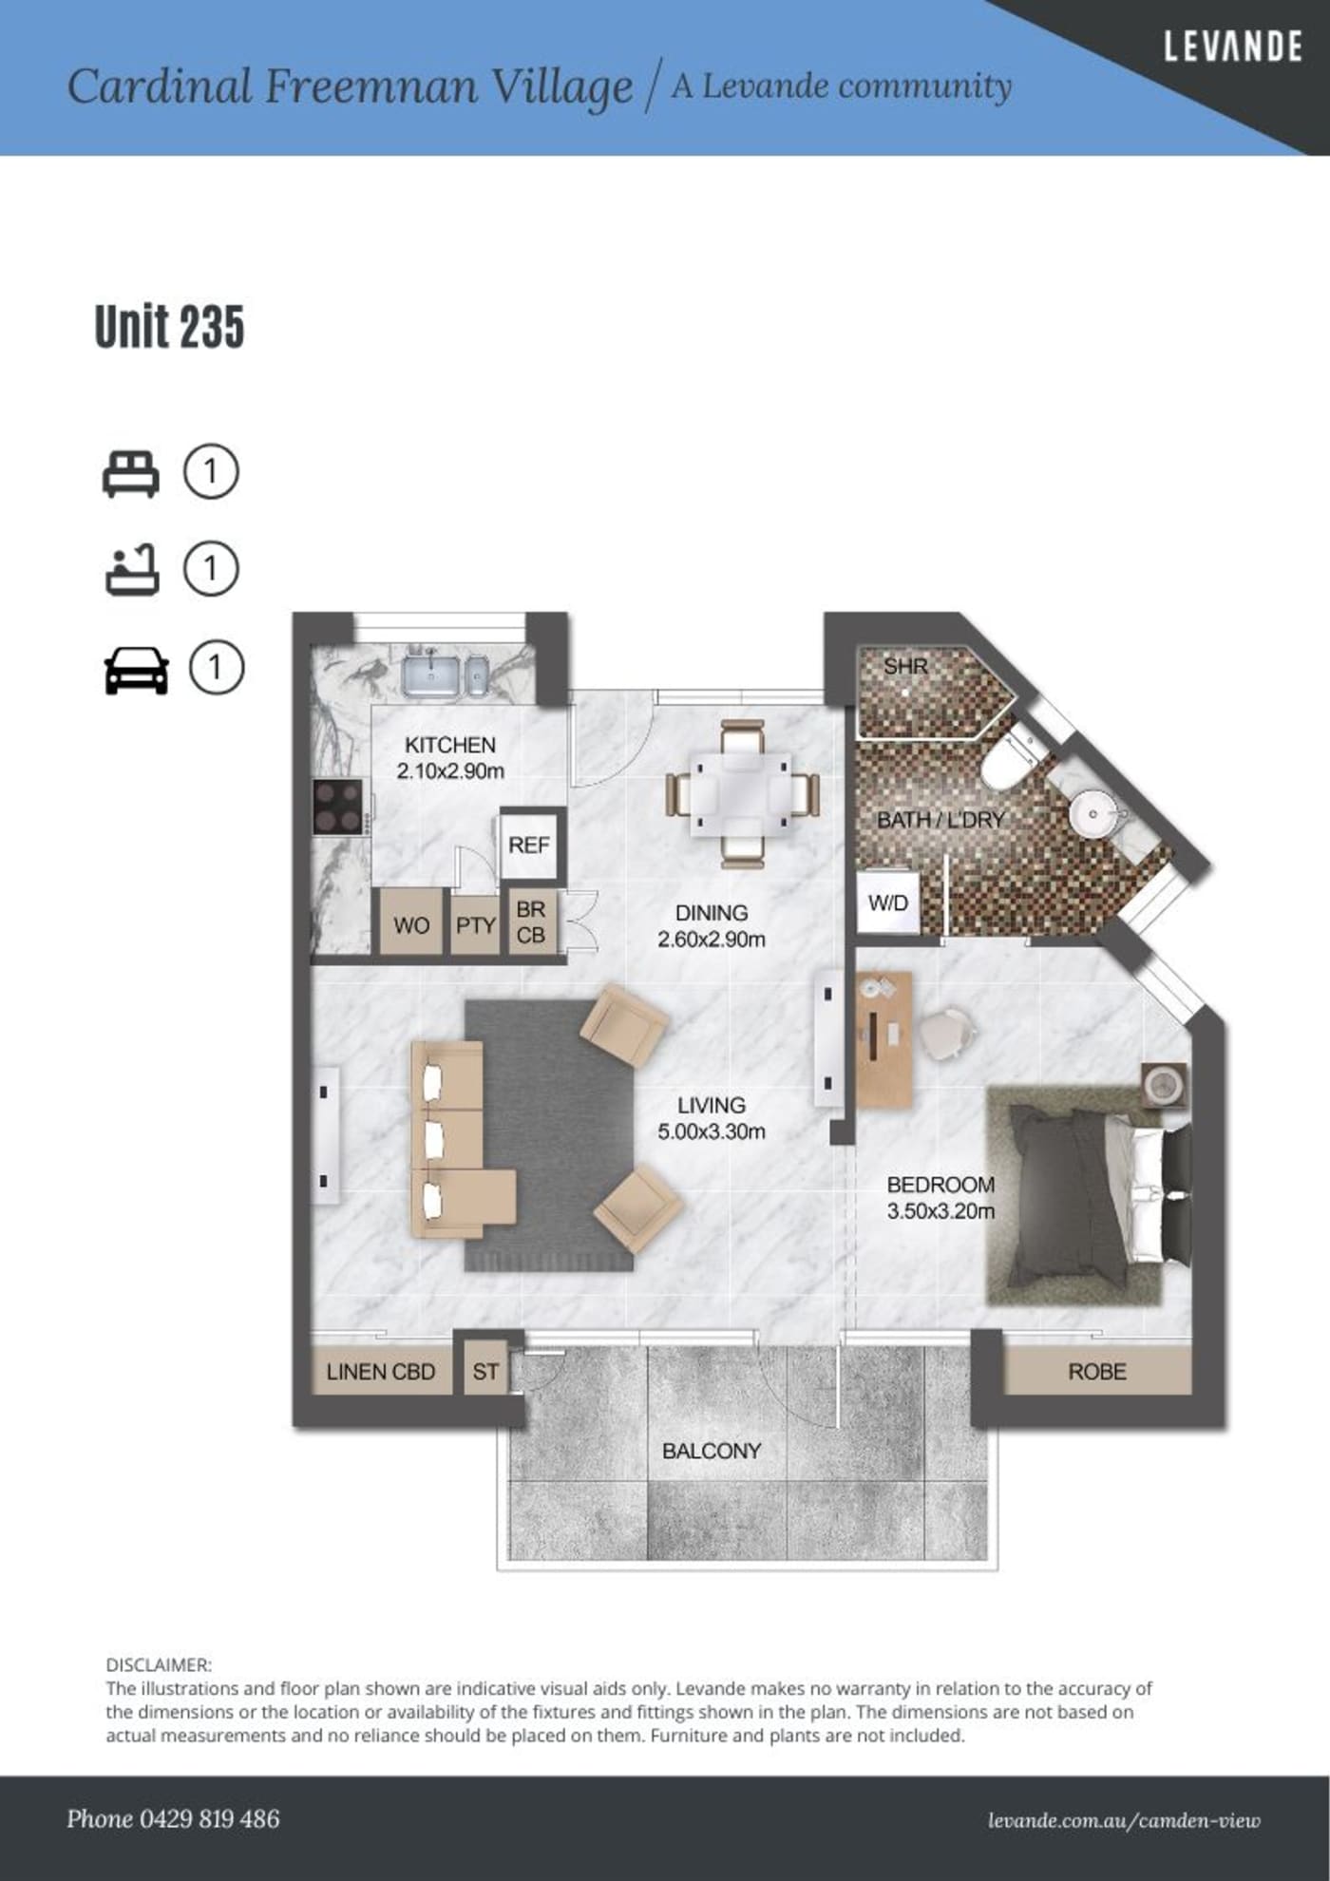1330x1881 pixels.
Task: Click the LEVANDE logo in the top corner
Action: (1232, 47)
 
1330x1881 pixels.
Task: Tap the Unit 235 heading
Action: (169, 327)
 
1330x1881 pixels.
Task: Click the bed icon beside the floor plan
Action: (131, 473)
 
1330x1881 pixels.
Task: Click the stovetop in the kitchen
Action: (339, 807)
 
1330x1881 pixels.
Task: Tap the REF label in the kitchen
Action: (529, 845)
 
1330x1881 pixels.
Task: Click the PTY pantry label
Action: (475, 924)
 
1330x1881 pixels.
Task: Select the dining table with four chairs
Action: (742, 793)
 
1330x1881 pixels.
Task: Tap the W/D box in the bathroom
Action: (888, 902)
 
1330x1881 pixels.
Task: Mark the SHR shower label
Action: (904, 666)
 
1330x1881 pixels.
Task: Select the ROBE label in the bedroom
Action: (1097, 1372)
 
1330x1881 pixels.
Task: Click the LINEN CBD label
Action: (380, 1372)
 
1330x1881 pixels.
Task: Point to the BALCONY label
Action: (712, 1451)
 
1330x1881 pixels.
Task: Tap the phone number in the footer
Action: (210, 1819)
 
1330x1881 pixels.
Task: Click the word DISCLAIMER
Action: (159, 1664)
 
